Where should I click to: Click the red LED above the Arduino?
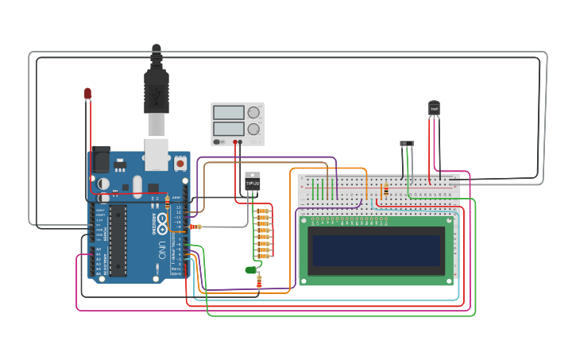88,94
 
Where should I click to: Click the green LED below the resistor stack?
251,270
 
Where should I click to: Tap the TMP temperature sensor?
434,107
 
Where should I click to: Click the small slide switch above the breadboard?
407,144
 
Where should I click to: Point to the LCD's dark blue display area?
377,250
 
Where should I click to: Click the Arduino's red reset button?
180,163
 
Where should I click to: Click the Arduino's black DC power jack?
101,160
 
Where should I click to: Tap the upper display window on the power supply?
229,112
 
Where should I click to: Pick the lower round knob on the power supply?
253,128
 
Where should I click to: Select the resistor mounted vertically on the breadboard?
385,191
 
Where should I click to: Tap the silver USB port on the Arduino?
157,154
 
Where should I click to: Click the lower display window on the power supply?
229,128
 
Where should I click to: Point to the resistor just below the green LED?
259,283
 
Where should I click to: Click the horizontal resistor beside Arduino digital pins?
195,226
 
